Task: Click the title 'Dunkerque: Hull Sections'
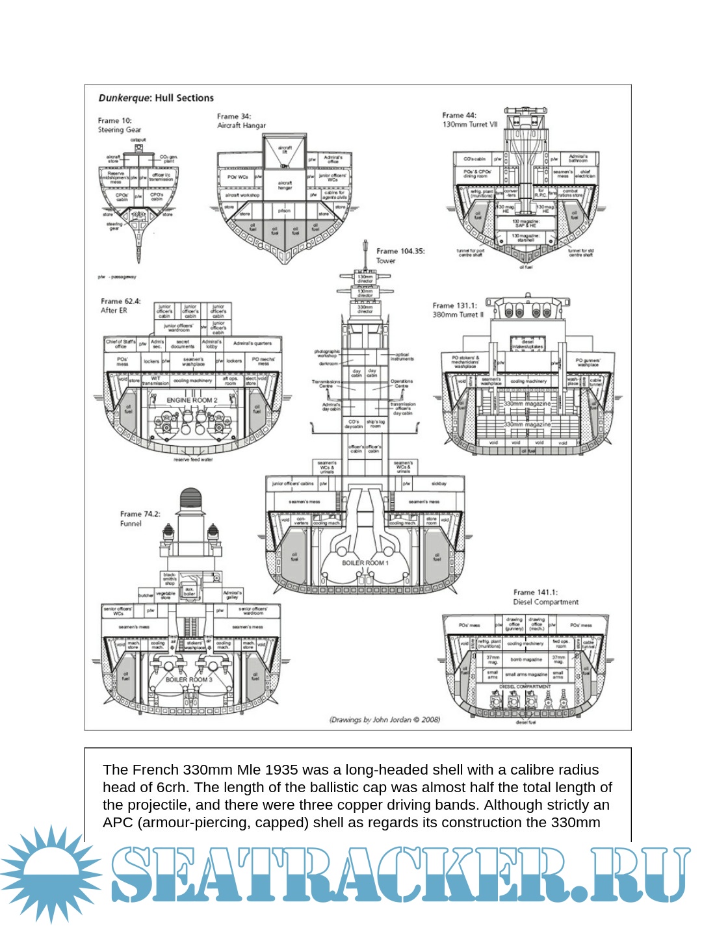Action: tap(156, 98)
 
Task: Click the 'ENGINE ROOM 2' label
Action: tap(192, 400)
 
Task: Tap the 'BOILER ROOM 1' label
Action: tap(365, 563)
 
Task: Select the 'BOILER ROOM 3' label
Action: tap(188, 680)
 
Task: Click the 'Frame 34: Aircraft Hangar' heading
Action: tap(241, 121)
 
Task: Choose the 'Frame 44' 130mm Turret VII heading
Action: tap(469, 120)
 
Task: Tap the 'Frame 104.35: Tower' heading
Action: tap(400, 255)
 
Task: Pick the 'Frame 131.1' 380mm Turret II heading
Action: tap(458, 310)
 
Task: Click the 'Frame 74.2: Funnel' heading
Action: tap(140, 518)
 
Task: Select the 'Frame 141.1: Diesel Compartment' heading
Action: tap(545, 597)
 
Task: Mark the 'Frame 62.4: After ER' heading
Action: tap(120, 305)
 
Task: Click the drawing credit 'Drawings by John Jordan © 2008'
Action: tap(385, 719)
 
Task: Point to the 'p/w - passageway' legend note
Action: tap(117, 277)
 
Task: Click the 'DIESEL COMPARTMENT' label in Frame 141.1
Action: tap(525, 686)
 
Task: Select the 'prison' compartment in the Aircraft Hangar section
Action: tap(284, 211)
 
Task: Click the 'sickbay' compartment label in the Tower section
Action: tap(439, 483)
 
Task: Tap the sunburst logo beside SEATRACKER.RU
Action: tap(51, 873)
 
